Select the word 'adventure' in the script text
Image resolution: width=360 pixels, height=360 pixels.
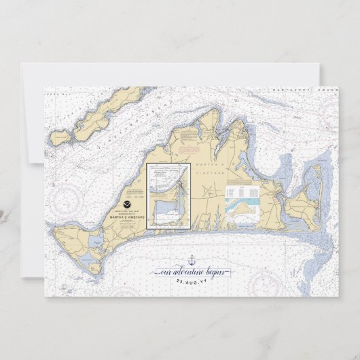click(x=187, y=272)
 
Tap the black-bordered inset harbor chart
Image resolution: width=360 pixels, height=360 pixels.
click(x=168, y=196)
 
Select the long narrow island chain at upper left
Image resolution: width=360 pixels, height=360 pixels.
click(x=102, y=116)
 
